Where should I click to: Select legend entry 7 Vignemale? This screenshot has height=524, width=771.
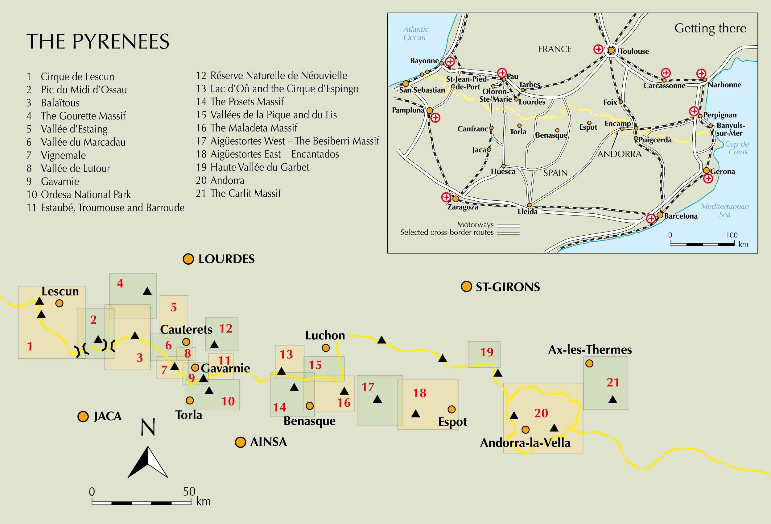(56, 155)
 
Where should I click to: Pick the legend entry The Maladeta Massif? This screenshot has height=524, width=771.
(246, 128)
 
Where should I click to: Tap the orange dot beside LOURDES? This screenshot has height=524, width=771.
(188, 259)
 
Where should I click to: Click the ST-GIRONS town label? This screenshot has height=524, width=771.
(508, 287)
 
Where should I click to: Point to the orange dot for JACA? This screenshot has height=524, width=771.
(83, 417)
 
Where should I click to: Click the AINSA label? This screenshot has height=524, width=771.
(268, 442)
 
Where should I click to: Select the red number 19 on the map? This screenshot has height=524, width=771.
(487, 352)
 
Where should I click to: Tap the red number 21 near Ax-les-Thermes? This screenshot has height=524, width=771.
(613, 383)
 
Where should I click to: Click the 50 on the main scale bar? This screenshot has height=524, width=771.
(189, 492)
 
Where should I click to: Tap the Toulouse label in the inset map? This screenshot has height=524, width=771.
(634, 51)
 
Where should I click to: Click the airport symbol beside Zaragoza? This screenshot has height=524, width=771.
(446, 197)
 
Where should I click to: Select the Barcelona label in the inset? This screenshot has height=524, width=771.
(680, 216)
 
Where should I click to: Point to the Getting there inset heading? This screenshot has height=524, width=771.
(710, 28)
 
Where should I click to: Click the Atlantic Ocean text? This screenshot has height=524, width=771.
(415, 34)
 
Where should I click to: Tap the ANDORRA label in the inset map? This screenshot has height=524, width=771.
(619, 154)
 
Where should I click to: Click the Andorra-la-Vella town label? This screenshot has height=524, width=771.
(525, 443)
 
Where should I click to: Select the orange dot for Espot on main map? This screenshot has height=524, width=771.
(451, 409)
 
